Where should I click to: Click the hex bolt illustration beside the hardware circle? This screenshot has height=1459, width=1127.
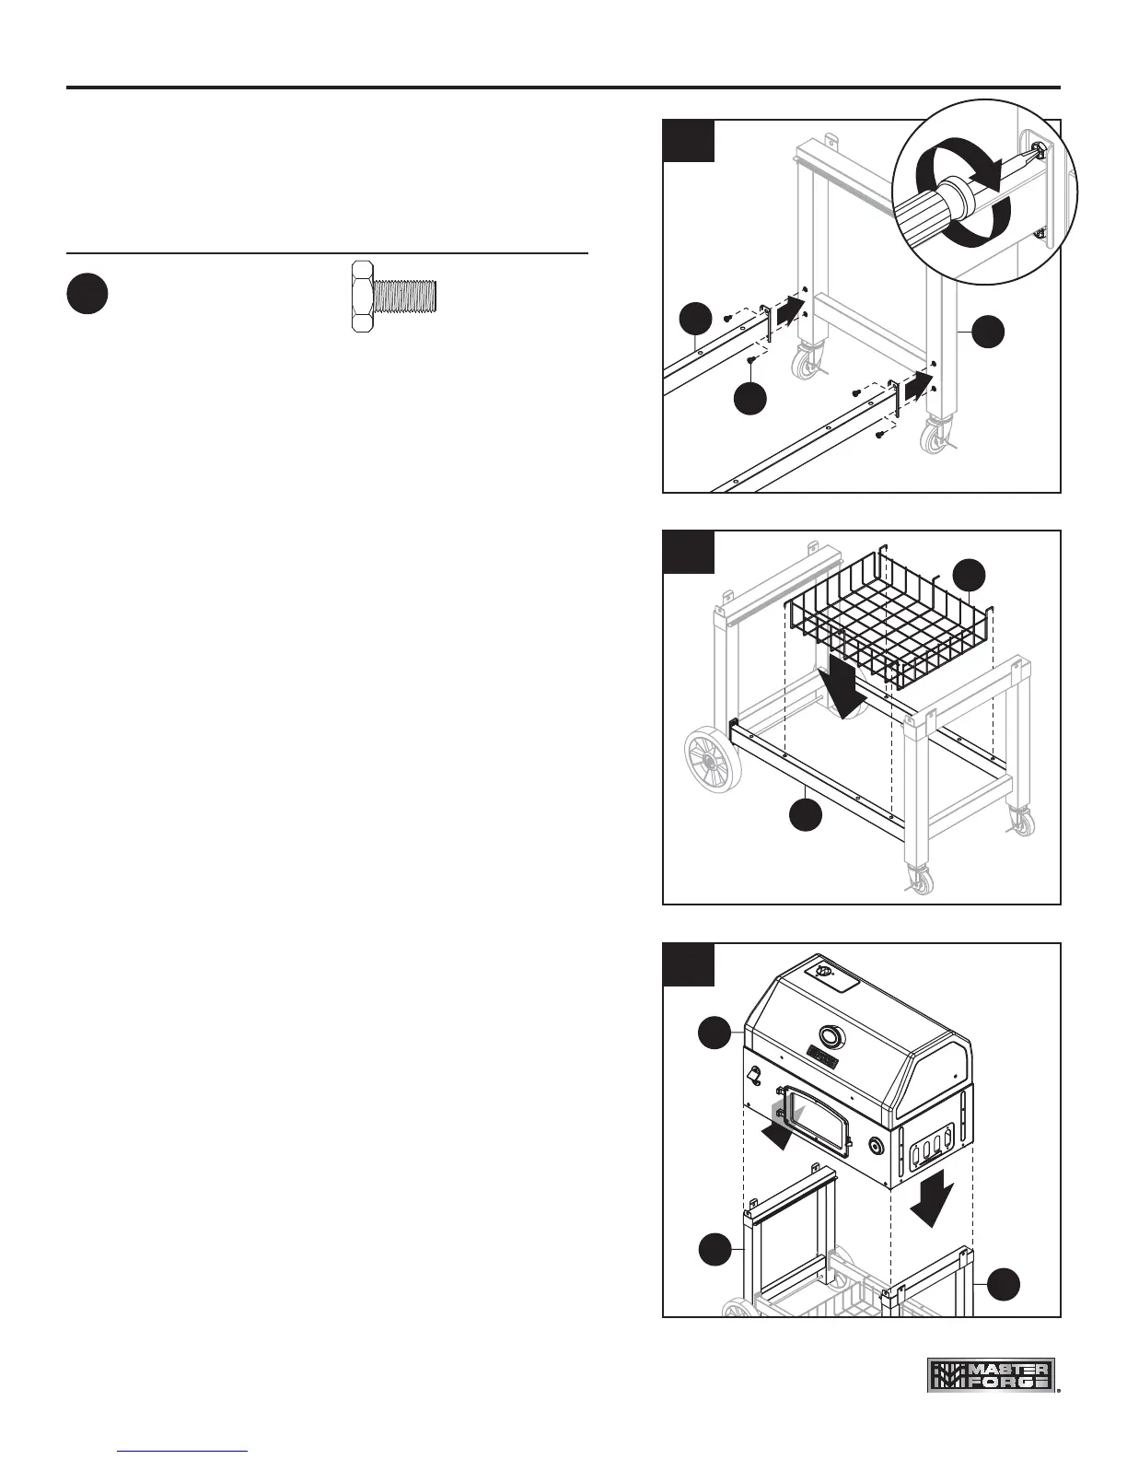[x=393, y=295]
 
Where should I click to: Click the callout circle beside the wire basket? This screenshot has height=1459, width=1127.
[x=970, y=574]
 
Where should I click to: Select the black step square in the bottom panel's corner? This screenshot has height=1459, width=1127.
[x=689, y=963]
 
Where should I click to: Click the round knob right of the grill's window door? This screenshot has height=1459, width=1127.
[x=876, y=1147]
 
